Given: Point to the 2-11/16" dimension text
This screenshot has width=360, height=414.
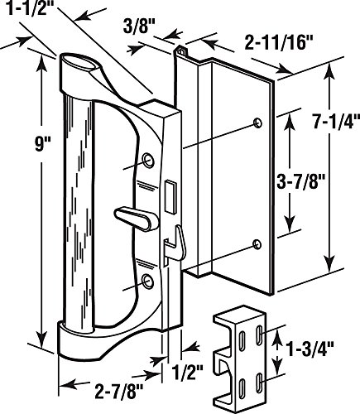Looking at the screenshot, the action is click(279, 44).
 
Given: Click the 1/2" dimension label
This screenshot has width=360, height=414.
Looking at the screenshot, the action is click(187, 373).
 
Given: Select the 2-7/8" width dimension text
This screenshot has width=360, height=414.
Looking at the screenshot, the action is click(119, 391).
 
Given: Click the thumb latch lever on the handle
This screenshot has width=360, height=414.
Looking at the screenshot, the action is click(137, 219).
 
